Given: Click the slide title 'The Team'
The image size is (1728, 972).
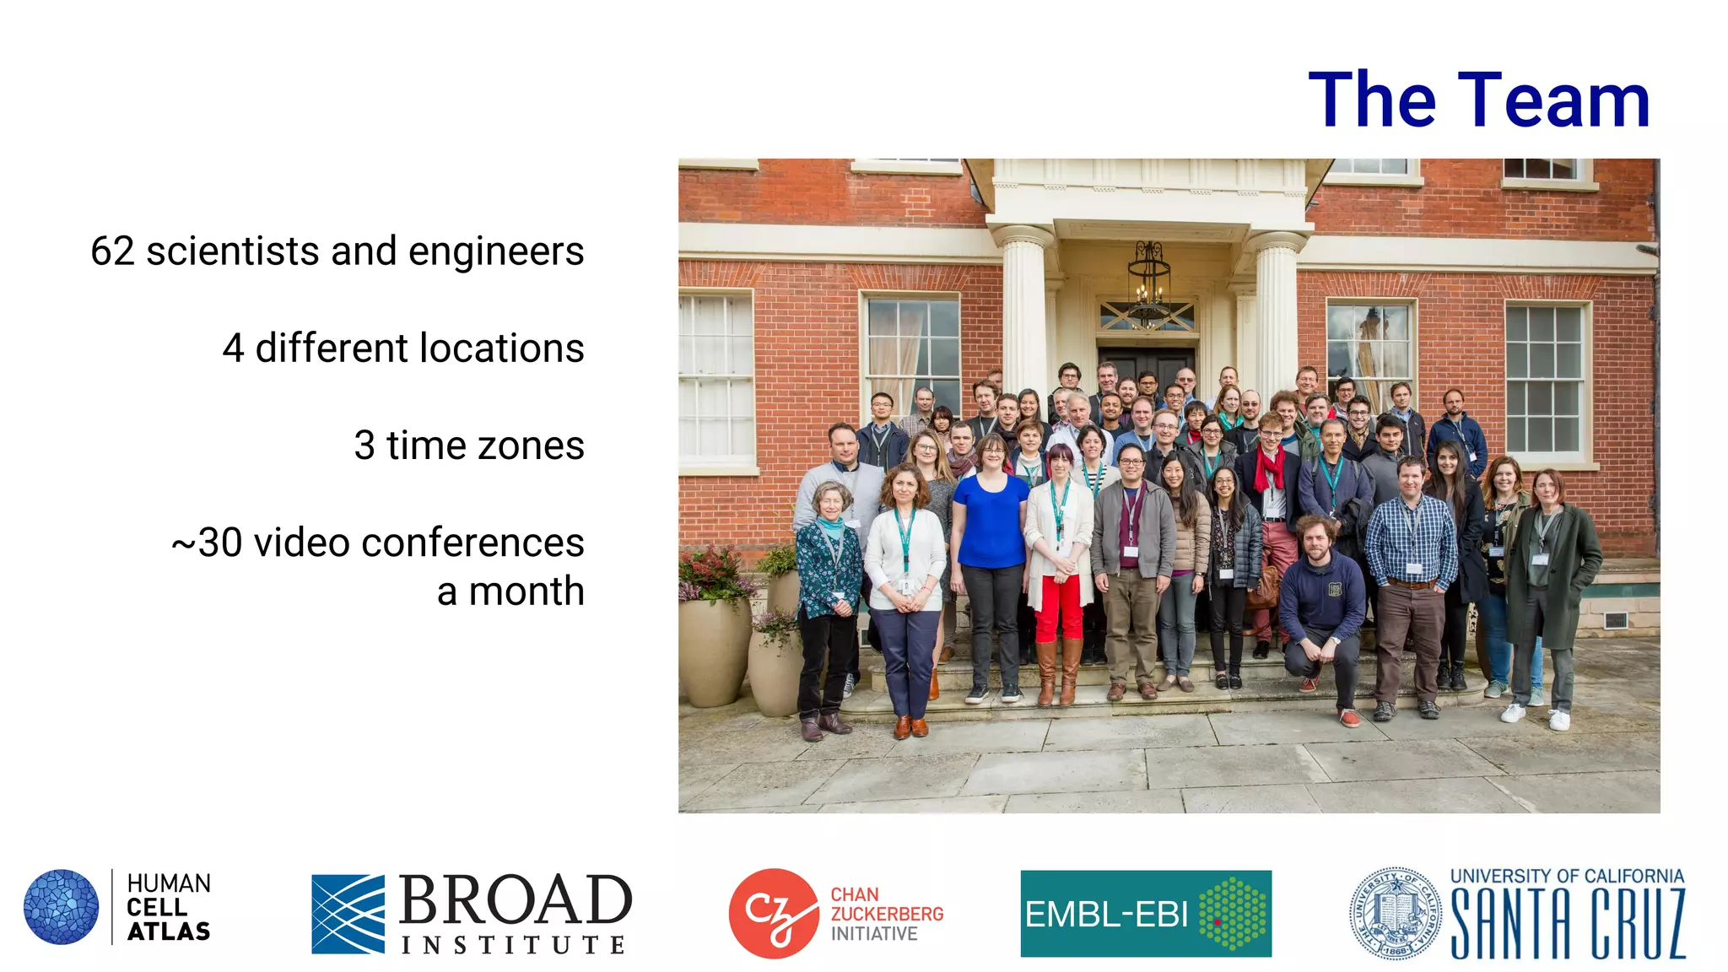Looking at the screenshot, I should point(1478,100).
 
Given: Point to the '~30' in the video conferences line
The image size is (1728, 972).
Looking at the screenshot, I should point(208,543).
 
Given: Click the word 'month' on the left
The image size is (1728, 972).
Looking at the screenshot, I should point(526,591).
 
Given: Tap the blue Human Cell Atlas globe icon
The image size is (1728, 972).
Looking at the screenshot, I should point(61,907).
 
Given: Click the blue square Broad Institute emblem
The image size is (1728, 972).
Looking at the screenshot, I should point(348,914).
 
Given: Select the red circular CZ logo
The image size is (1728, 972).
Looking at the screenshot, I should point(773,913).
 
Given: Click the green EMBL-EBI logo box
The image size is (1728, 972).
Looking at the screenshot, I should point(1145,914).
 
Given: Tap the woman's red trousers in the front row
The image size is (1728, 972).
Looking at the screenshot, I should point(1058,607).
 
